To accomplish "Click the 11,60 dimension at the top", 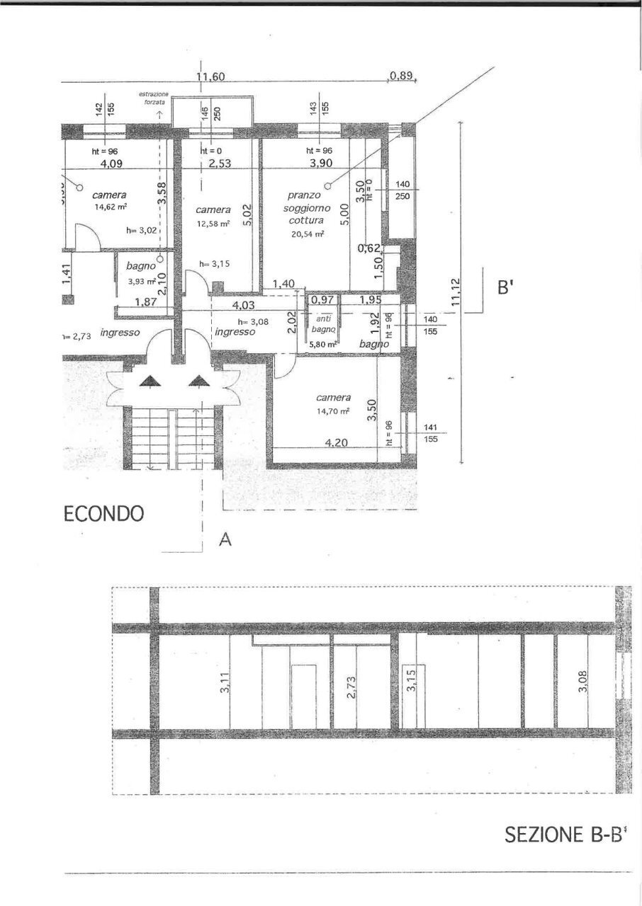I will pos(210,76).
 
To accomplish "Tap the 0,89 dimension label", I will pos(400,76).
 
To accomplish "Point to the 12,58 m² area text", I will pos(213,224).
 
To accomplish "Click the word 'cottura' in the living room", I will pos(306,220).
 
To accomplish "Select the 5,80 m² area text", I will pos(323,345).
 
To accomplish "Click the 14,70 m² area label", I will pos(334,411).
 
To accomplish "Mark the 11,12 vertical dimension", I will pos(456,291).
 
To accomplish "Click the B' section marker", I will pos(504,289).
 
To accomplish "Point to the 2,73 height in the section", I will pos(351,687).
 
